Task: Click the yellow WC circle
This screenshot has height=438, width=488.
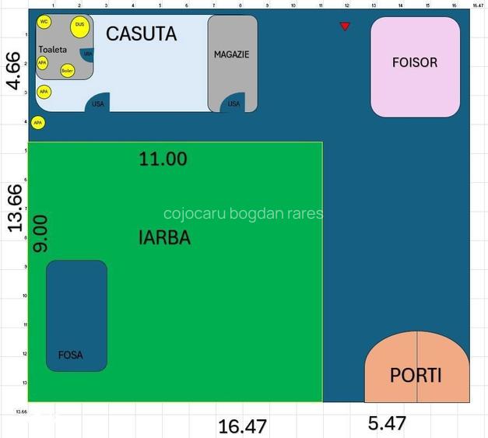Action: [44, 21]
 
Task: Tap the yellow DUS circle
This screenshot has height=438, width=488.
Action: [79, 26]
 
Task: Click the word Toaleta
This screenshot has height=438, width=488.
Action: [53, 49]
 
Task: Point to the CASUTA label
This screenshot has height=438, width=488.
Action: [141, 34]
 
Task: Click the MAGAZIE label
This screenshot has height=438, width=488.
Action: [232, 54]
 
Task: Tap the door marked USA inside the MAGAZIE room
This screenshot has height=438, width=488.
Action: [233, 103]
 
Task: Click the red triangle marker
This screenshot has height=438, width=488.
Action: [345, 26]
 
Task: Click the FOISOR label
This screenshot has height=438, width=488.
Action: [415, 62]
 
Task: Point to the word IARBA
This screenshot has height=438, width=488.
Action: [164, 238]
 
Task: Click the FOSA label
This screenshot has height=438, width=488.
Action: [70, 355]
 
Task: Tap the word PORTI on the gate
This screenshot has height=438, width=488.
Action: [416, 376]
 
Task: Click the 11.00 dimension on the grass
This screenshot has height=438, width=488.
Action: [163, 159]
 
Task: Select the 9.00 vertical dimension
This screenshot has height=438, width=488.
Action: [40, 233]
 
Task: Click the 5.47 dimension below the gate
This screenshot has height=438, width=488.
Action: [387, 424]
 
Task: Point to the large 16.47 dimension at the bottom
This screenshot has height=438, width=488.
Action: [242, 426]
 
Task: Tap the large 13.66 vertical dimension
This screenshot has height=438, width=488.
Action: [13, 208]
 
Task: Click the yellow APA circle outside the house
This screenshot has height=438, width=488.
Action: [37, 123]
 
